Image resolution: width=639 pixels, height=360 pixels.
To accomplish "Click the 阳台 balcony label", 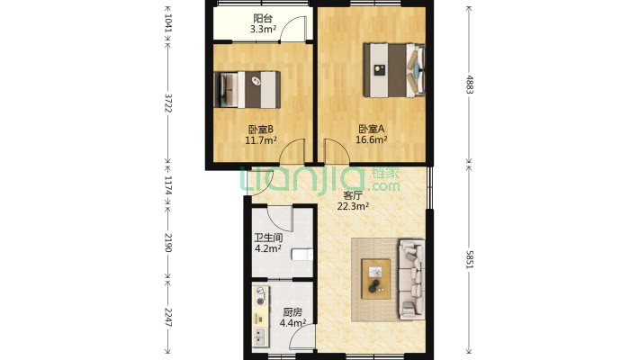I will (x=263, y=18).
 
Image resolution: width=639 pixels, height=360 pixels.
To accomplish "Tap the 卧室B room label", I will (x=260, y=129).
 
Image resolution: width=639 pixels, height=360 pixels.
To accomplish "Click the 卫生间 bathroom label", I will (x=268, y=238).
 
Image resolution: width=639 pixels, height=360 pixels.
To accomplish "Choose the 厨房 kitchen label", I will (x=292, y=312).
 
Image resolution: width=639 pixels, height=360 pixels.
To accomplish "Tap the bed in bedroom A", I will (x=392, y=68).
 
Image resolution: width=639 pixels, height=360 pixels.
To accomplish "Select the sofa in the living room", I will (x=411, y=278).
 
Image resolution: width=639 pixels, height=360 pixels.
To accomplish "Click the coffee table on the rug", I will (x=376, y=277).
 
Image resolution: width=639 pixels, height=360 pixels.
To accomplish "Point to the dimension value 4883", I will (x=469, y=85).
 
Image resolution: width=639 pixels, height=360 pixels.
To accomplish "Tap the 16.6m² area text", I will (x=372, y=139).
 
